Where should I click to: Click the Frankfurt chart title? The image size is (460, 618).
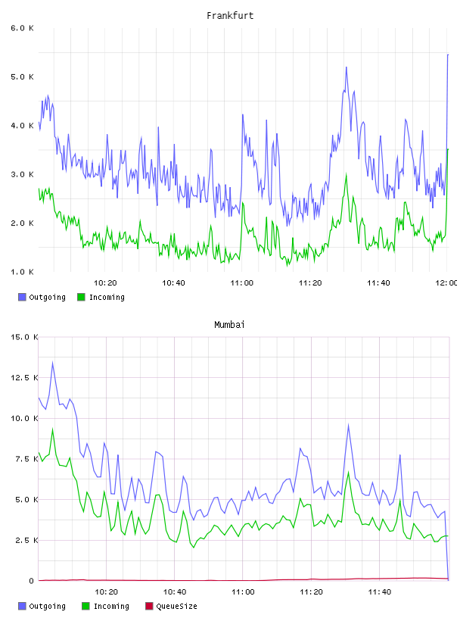(x=230, y=16)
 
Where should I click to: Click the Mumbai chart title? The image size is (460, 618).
(x=229, y=325)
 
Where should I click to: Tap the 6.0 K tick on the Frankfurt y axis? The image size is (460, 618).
(x=22, y=28)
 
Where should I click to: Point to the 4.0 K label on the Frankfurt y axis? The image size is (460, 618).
(x=22, y=126)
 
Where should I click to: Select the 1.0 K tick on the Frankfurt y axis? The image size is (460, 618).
(x=22, y=272)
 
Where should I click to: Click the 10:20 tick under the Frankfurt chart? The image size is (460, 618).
(x=105, y=283)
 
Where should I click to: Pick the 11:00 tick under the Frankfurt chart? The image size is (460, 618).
(x=242, y=283)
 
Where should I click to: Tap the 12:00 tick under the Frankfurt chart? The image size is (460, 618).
(x=446, y=283)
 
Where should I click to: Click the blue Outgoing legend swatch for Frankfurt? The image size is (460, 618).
(x=22, y=297)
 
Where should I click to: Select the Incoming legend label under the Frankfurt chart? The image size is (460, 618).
(x=107, y=298)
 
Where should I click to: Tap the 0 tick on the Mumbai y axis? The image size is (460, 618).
(x=32, y=581)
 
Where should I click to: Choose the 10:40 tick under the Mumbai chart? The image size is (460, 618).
(x=175, y=592)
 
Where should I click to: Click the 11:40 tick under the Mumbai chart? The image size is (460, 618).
(x=380, y=592)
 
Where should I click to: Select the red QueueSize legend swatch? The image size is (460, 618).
(x=149, y=606)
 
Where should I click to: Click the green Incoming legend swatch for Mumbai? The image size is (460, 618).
(x=85, y=606)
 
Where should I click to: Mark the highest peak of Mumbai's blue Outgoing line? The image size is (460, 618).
(x=52, y=363)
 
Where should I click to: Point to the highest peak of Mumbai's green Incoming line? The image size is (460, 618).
(x=52, y=429)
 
